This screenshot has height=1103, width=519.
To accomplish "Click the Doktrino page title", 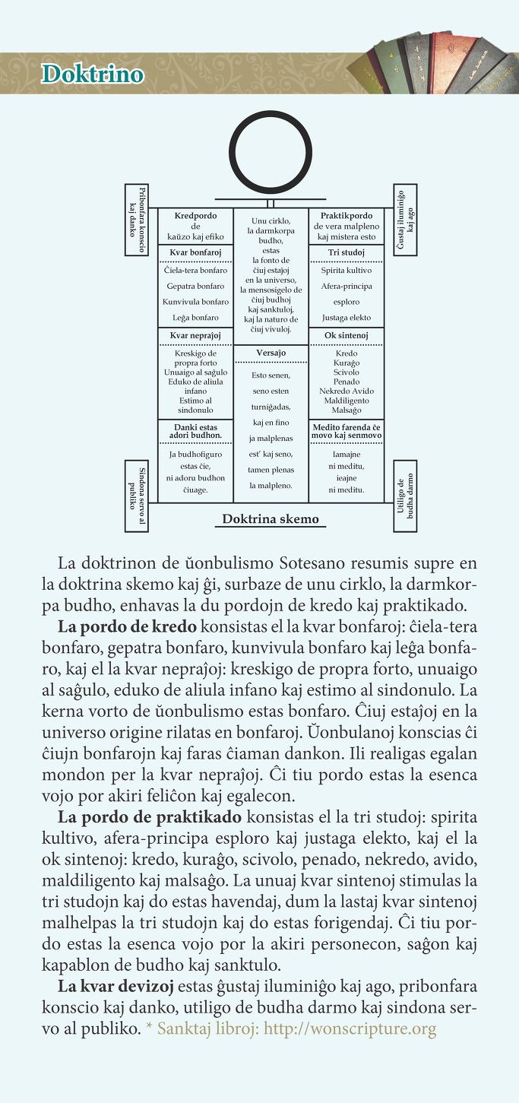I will point(93,74).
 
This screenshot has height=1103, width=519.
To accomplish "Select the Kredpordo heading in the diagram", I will point(195,216).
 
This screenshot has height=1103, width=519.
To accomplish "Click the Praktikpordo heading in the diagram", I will point(346,216).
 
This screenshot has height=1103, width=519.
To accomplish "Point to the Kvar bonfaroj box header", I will point(195,252).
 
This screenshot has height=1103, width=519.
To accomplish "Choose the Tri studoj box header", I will point(346,252).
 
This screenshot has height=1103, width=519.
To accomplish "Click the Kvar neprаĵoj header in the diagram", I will point(195,334).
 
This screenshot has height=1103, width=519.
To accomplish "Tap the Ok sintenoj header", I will point(346,334).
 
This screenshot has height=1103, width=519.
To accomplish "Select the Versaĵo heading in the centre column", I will point(271,353).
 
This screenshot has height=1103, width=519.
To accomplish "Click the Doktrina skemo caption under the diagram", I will point(271,519).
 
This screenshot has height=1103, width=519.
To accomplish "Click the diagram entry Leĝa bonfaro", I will point(195,318).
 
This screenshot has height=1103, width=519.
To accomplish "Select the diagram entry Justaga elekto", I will point(346,318).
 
